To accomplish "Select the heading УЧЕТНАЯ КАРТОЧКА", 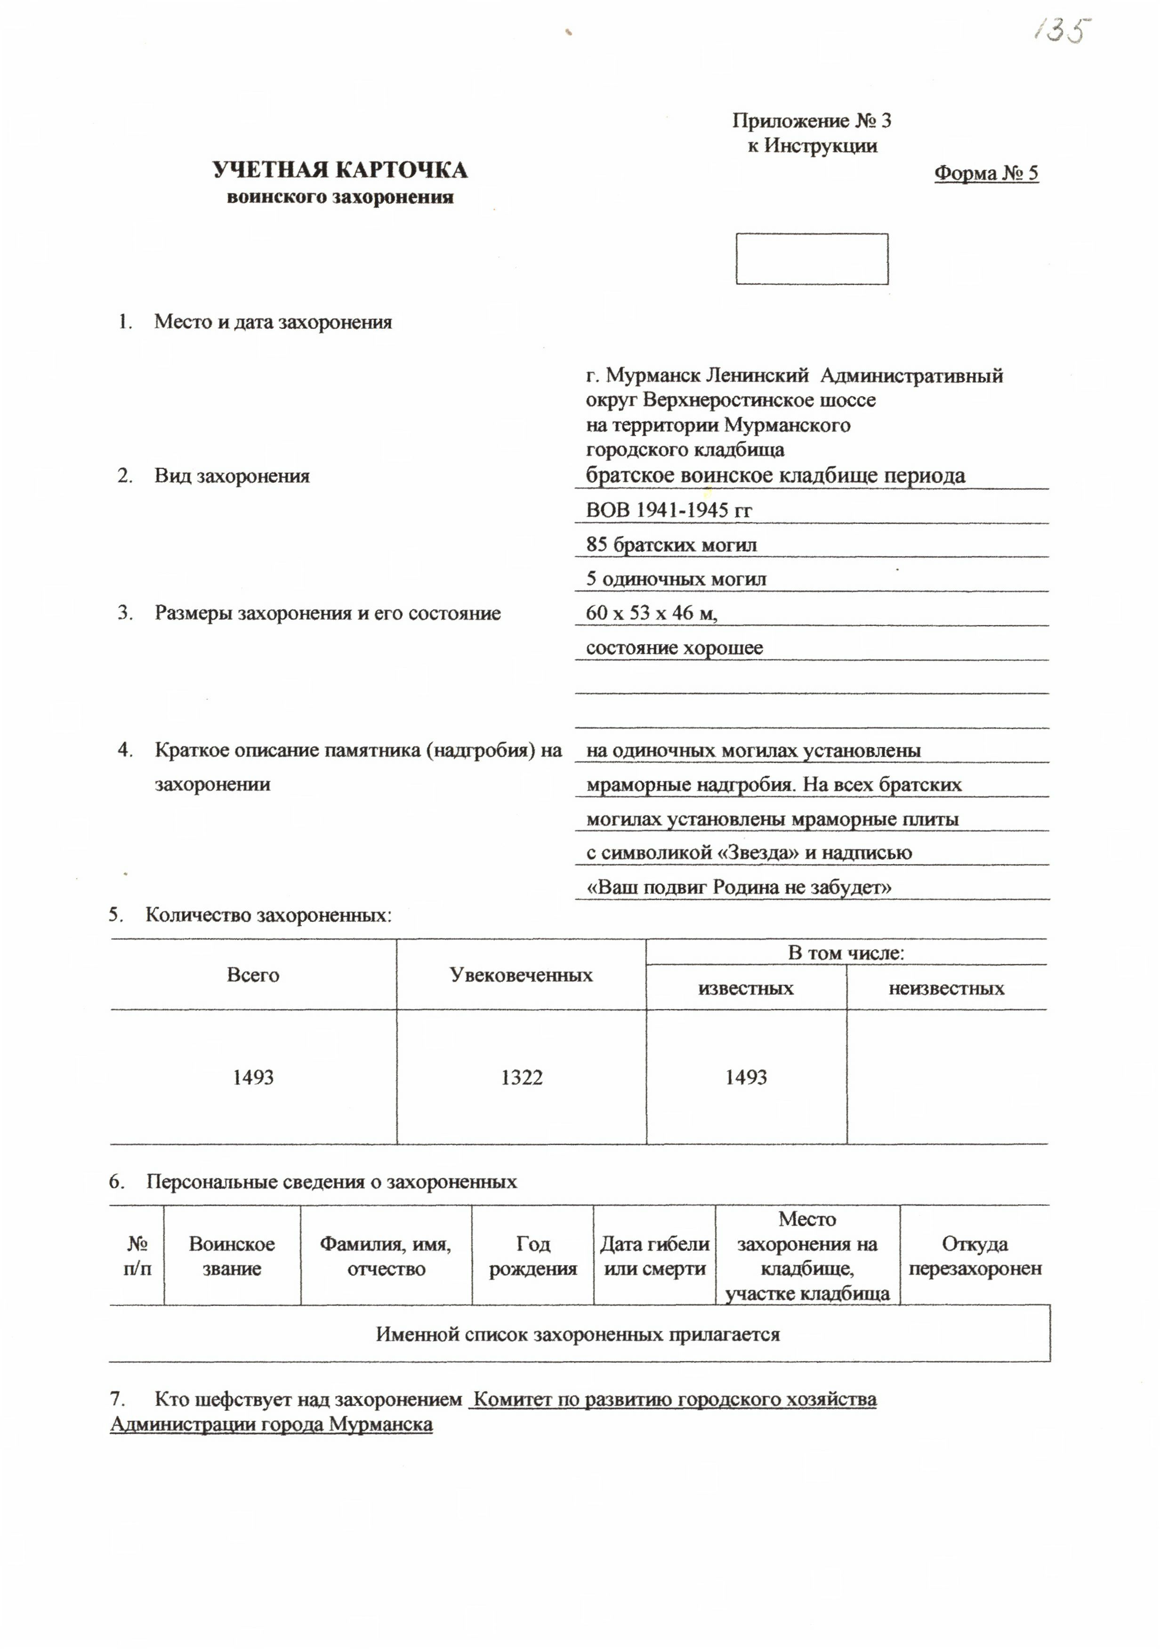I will click(x=340, y=170).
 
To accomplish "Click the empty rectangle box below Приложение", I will click(x=812, y=258).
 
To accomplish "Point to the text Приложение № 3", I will click(x=812, y=120).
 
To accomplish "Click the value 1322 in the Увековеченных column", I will click(x=522, y=1077).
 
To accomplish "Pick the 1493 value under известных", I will click(x=746, y=1077).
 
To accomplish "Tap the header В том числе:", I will click(x=846, y=953).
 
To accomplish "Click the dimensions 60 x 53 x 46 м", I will click(x=652, y=613).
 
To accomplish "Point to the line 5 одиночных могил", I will click(x=676, y=579).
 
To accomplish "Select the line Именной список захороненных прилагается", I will click(x=578, y=1335).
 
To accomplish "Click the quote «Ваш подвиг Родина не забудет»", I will click(x=739, y=887).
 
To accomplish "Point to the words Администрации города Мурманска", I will click(x=272, y=1424).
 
